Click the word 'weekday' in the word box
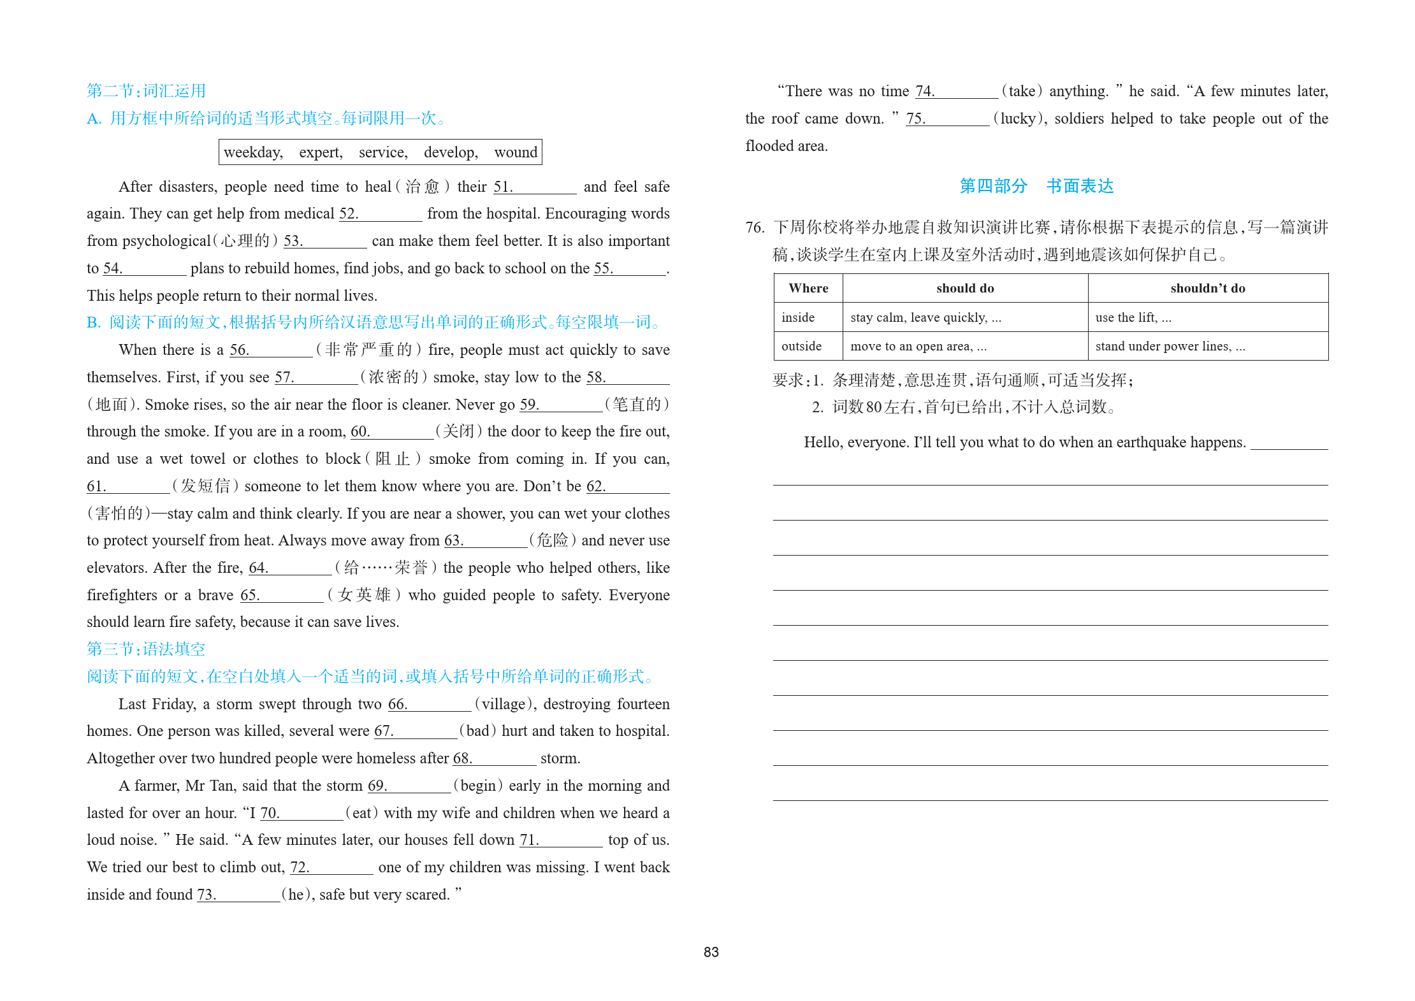[253, 152]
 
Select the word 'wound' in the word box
[516, 152]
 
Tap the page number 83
[711, 952]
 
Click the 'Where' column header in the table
[808, 289]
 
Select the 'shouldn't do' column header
[1207, 289]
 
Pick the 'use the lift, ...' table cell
[1133, 317]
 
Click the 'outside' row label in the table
[801, 346]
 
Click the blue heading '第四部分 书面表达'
[1036, 186]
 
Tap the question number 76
[754, 227]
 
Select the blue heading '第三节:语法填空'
[146, 649]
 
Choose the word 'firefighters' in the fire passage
[122, 595]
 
